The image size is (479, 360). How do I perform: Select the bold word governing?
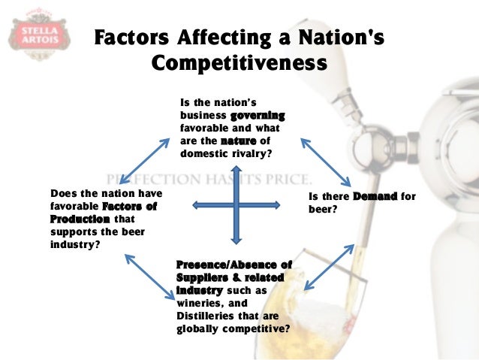pos(258,116)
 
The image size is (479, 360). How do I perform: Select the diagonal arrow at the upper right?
pos(325,162)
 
